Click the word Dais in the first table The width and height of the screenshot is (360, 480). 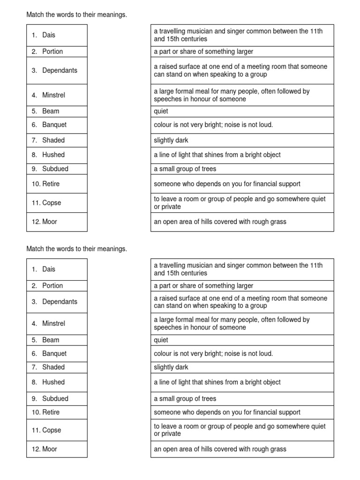tap(49, 35)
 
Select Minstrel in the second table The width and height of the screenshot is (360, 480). tap(53, 323)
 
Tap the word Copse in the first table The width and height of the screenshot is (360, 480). tap(52, 203)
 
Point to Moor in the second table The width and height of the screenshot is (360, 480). tap(50, 449)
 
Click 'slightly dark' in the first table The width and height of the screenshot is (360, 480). tap(171, 140)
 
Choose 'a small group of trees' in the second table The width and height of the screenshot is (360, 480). tap(185, 398)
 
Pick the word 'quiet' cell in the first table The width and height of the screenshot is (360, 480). tap(161, 112)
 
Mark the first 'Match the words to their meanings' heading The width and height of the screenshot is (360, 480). tap(76, 15)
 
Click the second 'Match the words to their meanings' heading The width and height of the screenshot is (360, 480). tap(76, 249)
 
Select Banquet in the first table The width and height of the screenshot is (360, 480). tap(54, 125)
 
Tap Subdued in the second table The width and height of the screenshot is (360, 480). tap(55, 398)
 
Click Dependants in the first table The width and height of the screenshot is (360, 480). tap(60, 71)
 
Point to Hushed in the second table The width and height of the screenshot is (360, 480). tap(53, 382)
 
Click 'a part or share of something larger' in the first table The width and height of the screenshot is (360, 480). tap(203, 52)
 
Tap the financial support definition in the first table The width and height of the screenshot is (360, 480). tap(227, 184)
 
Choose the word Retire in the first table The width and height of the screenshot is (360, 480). tap(51, 184)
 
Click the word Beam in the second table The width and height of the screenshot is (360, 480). tap(51, 340)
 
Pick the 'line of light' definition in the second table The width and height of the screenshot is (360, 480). tap(217, 382)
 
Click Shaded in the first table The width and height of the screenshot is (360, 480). tap(53, 140)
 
